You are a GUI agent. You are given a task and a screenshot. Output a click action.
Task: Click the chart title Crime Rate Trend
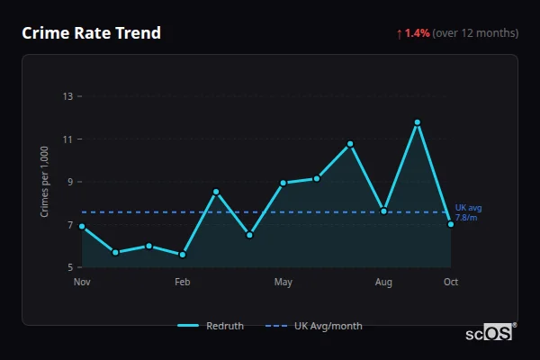(92, 33)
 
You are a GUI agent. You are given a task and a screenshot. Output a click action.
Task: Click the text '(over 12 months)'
(475, 33)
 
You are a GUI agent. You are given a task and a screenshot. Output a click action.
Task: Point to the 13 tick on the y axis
(67, 96)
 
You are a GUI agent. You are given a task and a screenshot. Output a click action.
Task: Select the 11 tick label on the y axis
(67, 139)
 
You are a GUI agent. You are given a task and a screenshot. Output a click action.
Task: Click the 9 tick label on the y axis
(69, 182)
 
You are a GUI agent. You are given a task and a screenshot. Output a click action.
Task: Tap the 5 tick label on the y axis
(69, 267)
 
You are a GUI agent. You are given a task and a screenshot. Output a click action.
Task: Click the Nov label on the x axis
(82, 283)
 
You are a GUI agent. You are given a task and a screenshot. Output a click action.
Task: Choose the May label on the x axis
(283, 283)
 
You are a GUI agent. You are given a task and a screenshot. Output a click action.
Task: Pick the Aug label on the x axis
(383, 283)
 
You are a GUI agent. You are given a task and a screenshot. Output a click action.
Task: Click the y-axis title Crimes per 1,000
(44, 182)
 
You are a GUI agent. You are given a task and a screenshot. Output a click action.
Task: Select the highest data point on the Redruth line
(418, 122)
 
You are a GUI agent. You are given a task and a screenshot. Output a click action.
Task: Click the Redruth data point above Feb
(183, 255)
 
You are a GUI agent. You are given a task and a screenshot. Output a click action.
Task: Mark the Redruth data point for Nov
(82, 227)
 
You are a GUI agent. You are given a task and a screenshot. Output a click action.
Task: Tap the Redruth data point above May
(283, 183)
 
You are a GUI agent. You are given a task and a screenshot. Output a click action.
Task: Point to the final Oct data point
(451, 224)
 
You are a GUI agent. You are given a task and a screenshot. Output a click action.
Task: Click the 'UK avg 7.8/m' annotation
(468, 212)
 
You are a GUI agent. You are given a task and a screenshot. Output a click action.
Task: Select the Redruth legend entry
(212, 326)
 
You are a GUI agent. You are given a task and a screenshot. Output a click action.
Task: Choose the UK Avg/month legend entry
(316, 326)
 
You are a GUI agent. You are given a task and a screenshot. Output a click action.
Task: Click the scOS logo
(490, 333)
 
